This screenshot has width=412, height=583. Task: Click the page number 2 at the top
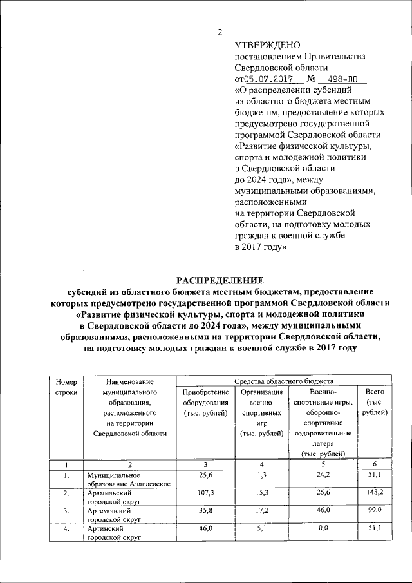[x=219, y=32]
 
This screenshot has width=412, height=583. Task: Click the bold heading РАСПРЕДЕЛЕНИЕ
[x=220, y=280]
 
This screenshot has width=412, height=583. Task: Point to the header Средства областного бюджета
[x=283, y=381]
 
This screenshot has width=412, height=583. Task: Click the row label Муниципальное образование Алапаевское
[x=129, y=480]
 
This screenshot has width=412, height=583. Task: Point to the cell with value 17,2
[x=261, y=510]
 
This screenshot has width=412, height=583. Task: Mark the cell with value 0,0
[x=323, y=528]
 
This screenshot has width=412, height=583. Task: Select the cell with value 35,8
[x=205, y=510]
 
